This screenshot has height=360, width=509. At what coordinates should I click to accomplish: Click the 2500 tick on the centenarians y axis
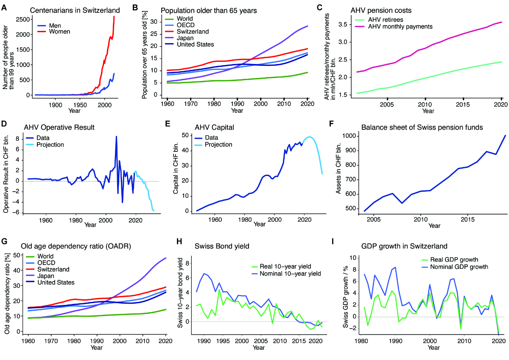click(x=22, y=20)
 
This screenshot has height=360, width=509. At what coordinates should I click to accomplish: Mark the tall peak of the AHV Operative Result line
click(x=116, y=137)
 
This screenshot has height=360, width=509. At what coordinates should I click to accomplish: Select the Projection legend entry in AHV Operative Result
click(x=50, y=145)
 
